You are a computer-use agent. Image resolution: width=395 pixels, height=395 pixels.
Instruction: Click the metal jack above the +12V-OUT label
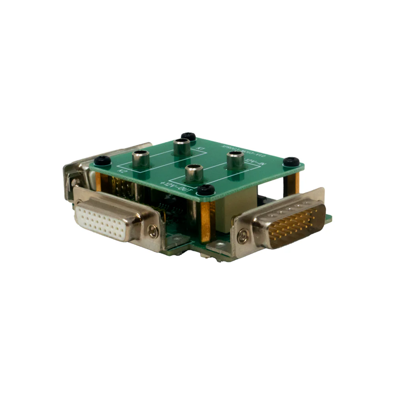pyautogui.click(x=194, y=172)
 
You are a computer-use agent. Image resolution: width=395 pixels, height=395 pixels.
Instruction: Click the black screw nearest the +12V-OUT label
pyautogui.click(x=205, y=190)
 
